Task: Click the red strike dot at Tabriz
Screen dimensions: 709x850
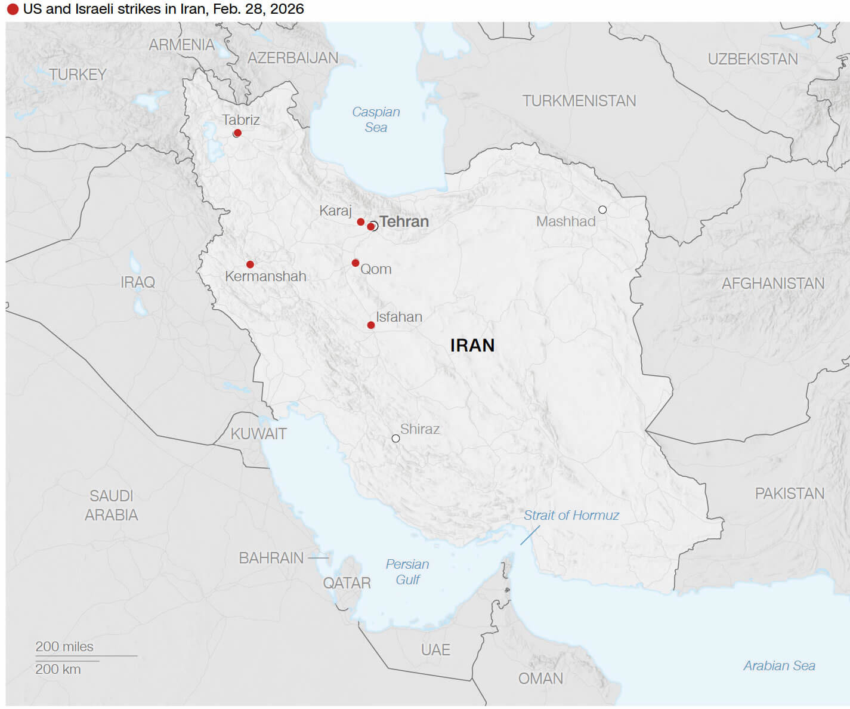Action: [x=237, y=133]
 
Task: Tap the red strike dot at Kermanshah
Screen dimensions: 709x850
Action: [x=250, y=264]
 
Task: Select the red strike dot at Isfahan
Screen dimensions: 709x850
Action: [x=371, y=325]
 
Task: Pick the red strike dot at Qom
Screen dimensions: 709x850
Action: [x=356, y=263]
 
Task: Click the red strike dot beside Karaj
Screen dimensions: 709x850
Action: [x=361, y=222]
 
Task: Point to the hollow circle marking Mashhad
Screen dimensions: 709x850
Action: [x=602, y=209]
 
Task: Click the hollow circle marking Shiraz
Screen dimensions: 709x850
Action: [x=395, y=439]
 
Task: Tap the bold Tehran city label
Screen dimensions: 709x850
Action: [x=404, y=222]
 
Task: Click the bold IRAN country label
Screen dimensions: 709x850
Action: [x=472, y=346]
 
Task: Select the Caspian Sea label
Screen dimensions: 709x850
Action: [x=376, y=119]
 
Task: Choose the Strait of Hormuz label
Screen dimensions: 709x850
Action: [x=571, y=515]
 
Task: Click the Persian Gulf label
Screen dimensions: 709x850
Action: [x=407, y=572]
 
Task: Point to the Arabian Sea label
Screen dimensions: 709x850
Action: [x=778, y=665]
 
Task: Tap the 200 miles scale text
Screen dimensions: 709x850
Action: [x=64, y=646]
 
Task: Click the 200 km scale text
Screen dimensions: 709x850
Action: [x=58, y=669]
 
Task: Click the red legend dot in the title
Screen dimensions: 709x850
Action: [x=13, y=10]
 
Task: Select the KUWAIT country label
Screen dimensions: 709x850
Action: [x=258, y=434]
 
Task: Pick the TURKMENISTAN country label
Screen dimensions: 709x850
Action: [x=579, y=101]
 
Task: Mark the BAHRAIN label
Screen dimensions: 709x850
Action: [x=271, y=558]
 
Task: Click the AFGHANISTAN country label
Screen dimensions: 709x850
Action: [x=772, y=283]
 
